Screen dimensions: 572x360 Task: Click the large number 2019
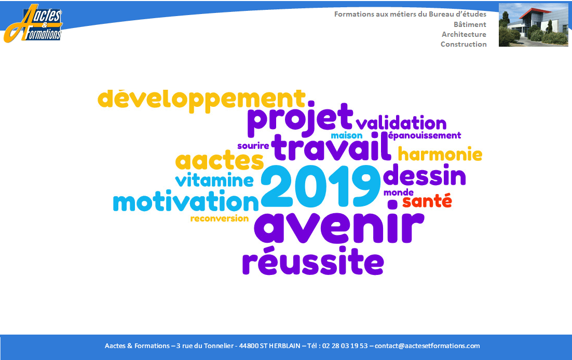coord(321,186)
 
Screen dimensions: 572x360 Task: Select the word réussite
coord(313,260)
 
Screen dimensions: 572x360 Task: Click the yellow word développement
coord(201,99)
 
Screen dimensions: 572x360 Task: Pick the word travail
coord(331,147)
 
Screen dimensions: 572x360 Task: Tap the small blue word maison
coord(347,136)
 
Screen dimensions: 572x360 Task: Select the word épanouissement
coord(424,136)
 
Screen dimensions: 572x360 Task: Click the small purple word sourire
coord(253,146)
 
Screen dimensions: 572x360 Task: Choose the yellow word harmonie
coord(440,154)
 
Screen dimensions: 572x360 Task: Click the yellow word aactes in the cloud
coord(219,160)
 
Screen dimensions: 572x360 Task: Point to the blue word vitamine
coord(214,180)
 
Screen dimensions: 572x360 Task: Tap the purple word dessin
coord(425,175)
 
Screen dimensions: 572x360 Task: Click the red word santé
coord(427,201)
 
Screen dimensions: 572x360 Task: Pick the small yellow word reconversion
coord(219,218)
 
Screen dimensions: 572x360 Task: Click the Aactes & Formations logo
coord(33,23)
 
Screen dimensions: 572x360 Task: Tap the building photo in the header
coord(534,25)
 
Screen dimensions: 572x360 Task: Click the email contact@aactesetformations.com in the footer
coord(427,346)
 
